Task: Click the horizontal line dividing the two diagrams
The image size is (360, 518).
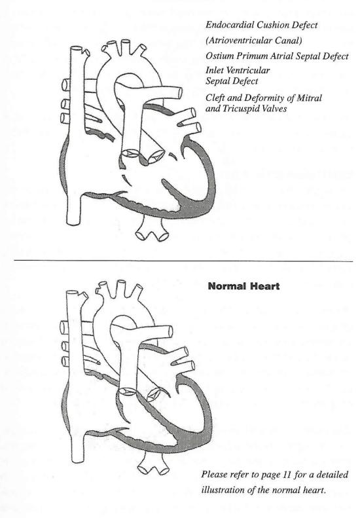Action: [x=180, y=260]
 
